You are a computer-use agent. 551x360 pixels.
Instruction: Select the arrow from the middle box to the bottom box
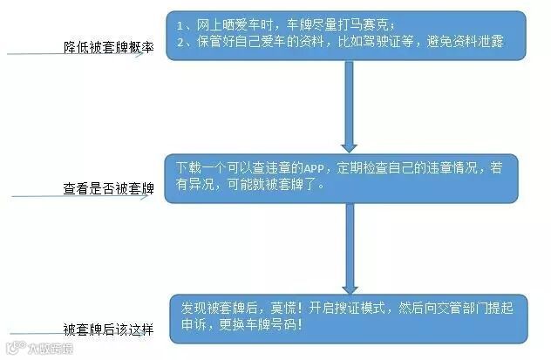coord(350,248)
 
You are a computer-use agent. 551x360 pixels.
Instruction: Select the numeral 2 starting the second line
coord(179,42)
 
